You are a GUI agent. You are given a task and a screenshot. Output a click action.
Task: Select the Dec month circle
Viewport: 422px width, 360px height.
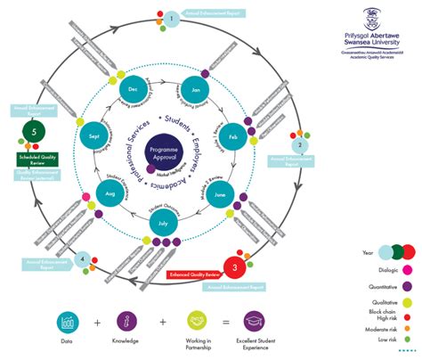pyautogui.click(x=134, y=89)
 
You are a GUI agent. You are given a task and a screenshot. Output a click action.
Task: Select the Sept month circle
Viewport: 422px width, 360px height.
pyautogui.click(x=96, y=135)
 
